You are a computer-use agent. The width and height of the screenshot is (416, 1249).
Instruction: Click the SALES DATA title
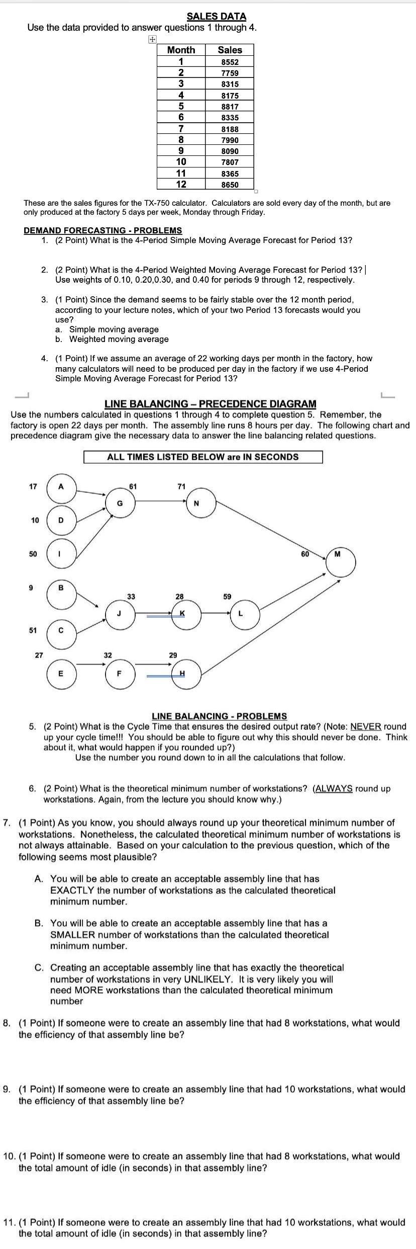(216, 17)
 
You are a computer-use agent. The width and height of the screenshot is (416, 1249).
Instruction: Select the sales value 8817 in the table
(230, 107)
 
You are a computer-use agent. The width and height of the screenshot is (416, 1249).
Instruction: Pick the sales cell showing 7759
(230, 73)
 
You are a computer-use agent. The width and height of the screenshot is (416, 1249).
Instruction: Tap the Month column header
(181, 50)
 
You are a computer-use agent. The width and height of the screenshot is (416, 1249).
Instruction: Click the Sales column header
(230, 50)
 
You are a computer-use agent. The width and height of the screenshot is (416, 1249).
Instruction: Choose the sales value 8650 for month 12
(230, 185)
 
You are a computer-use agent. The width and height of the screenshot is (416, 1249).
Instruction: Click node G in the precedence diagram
(120, 503)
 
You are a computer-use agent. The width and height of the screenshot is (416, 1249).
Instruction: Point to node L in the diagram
(245, 614)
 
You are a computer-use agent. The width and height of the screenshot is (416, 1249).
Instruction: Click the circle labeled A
(61, 486)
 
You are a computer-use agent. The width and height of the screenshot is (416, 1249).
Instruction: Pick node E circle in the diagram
(61, 674)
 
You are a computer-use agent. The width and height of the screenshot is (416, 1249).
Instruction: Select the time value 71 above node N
(181, 486)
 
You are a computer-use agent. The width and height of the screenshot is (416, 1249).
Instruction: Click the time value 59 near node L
(227, 597)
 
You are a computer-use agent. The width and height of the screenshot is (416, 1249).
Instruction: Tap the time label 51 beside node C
(33, 630)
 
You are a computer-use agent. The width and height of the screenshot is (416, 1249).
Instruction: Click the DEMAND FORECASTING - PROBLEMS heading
(102, 230)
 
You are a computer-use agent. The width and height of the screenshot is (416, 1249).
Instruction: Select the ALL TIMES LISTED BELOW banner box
(202, 457)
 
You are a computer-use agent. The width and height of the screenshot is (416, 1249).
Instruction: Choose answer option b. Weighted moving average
(119, 339)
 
